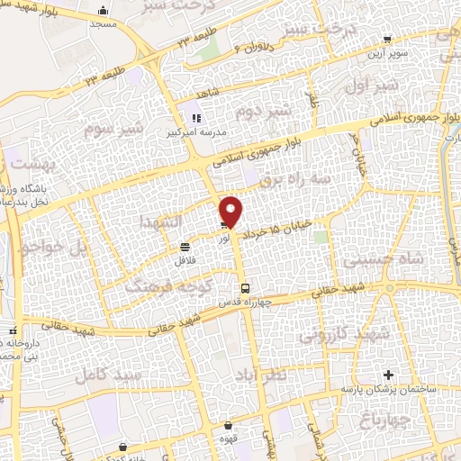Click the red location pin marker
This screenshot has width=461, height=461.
pos(232,212)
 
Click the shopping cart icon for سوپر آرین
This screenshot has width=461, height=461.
pos(387,39)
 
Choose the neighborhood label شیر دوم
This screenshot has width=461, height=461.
pos(261,112)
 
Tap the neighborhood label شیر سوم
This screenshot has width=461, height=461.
pos(114,127)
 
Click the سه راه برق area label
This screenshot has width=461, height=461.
pos(289,181)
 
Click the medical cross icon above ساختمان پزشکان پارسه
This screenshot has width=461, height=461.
pos(388,375)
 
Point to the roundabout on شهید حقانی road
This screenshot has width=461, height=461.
pos(389,289)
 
